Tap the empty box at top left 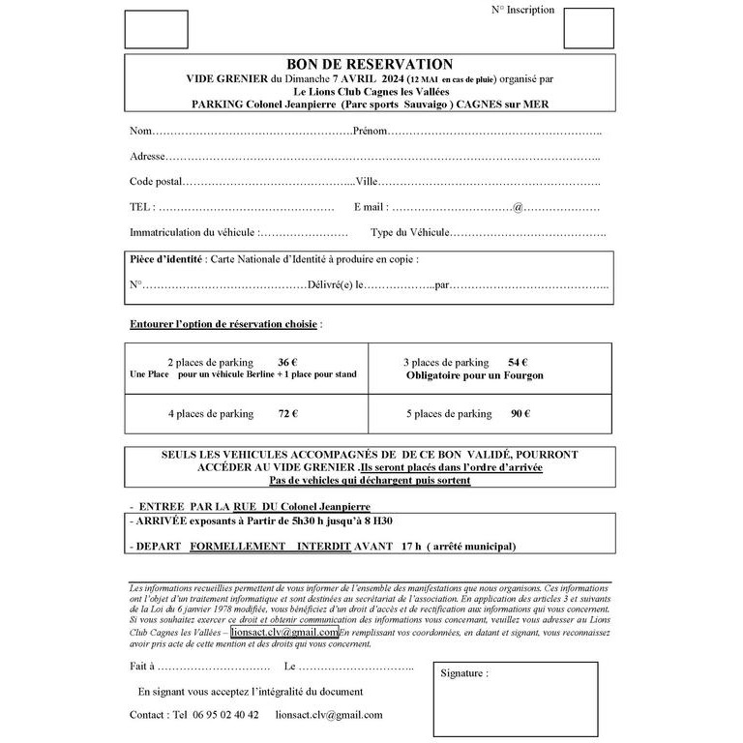157,29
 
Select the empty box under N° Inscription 588,29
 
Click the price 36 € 286,361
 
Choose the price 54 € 517,361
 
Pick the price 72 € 287,413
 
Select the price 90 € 520,413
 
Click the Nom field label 140,131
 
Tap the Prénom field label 371,131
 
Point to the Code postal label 156,181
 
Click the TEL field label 140,207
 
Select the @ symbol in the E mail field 518,207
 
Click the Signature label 464,672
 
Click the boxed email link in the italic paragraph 284,632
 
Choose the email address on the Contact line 329,715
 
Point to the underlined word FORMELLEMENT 237,547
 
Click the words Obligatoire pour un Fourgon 475,375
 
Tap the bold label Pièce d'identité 166,259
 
